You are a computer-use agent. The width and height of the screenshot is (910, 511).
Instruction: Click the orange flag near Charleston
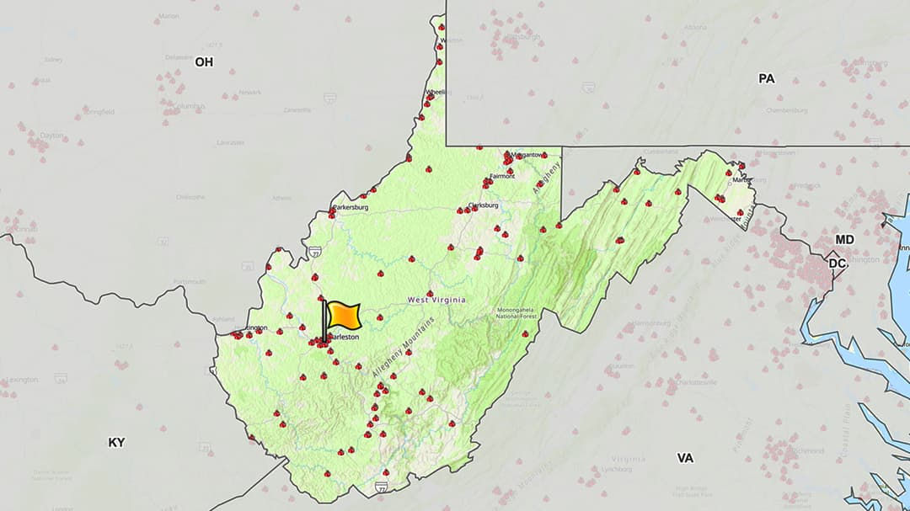point(343,315)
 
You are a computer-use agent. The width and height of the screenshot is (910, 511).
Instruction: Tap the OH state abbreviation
point(204,61)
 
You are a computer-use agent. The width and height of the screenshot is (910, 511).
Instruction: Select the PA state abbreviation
point(766,78)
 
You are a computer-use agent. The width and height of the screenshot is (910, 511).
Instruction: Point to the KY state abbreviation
point(116,442)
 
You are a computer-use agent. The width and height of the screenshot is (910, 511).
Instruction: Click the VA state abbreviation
point(685,458)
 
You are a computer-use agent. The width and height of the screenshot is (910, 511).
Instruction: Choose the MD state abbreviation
point(844,240)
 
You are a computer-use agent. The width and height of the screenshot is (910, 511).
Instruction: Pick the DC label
point(837,263)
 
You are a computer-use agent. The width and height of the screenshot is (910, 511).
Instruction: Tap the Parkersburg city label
point(351,207)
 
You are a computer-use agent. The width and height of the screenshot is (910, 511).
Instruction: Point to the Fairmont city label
point(502,177)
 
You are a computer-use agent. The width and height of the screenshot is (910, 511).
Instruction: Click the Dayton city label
point(51,135)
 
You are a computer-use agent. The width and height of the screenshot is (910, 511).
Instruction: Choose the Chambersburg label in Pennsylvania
point(787,110)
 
